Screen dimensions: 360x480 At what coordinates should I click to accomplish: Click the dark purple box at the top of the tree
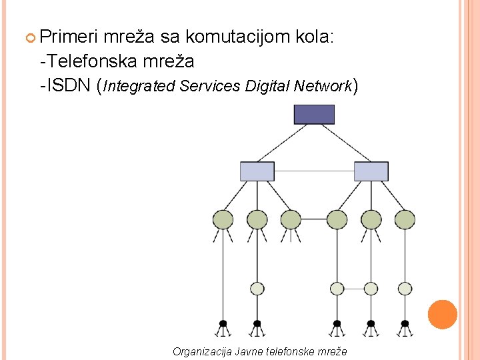[314, 114]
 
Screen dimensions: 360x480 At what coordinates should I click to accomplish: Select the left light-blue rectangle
[257, 171]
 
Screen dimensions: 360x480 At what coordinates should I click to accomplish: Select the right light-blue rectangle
[371, 171]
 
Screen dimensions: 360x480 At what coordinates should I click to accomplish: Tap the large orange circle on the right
[442, 315]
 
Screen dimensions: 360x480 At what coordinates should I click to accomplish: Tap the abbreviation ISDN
[69, 86]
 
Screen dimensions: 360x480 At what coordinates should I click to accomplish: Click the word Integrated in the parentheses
[137, 87]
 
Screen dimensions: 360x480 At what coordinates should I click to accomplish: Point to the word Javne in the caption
[249, 351]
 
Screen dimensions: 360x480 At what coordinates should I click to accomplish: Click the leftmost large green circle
[223, 219]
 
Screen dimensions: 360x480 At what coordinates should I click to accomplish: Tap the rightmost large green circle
[405, 219]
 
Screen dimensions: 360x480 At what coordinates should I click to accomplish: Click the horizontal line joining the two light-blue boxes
[314, 171]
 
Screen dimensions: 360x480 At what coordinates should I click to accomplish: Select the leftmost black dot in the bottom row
[223, 324]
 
